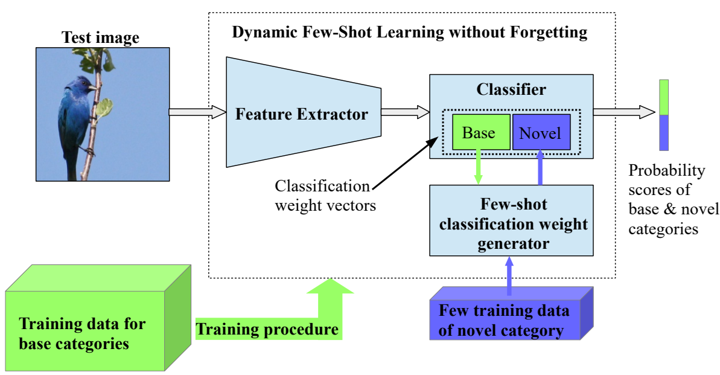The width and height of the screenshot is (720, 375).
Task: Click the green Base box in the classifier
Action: point(481,132)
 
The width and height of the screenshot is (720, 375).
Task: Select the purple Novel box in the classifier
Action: point(541,132)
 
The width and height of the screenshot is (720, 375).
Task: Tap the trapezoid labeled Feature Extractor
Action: point(304,112)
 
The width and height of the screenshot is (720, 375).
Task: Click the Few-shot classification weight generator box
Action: point(512,220)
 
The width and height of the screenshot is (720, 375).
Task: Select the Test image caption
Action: point(101,37)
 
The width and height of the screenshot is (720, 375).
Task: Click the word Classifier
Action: point(511,89)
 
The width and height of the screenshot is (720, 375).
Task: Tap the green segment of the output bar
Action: point(664,97)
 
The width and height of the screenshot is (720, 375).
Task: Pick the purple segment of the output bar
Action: point(664,132)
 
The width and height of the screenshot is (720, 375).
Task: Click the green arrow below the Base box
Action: point(478,167)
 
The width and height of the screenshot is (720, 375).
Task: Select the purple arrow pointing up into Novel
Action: point(540,167)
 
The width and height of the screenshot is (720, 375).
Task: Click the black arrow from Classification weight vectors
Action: point(406,163)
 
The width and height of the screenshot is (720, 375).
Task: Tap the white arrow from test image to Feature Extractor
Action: point(198,112)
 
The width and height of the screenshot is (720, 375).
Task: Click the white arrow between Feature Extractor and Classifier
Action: point(406,112)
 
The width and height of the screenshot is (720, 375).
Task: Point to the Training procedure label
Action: point(267,329)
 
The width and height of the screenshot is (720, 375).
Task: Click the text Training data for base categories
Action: point(82,333)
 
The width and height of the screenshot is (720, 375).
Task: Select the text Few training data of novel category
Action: point(504,320)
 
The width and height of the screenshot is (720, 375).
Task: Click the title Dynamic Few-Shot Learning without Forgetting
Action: point(410,32)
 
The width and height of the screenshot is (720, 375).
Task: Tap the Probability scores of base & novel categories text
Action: point(674,199)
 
